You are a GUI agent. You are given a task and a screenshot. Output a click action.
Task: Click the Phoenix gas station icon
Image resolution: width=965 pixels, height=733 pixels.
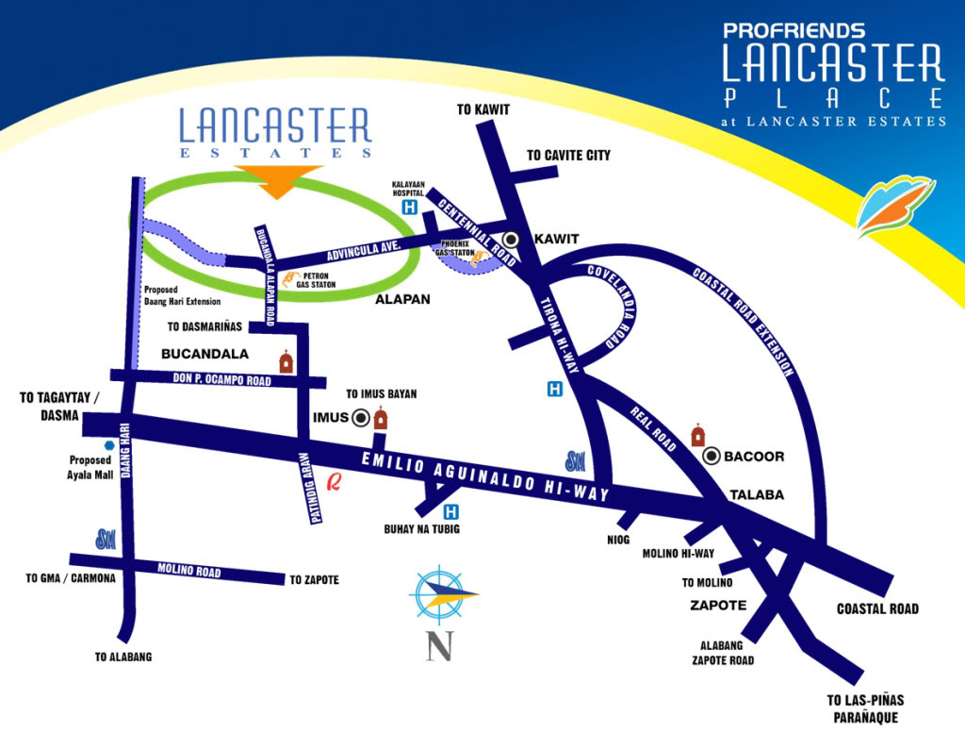coord(480,256)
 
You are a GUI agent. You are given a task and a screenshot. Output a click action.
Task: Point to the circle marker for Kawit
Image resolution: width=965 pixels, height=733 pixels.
coord(511,239)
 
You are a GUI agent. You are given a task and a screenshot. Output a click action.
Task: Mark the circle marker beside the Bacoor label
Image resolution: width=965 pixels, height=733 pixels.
coord(713,457)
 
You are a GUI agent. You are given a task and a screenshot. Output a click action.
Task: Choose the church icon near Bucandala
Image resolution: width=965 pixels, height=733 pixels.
coord(285,361)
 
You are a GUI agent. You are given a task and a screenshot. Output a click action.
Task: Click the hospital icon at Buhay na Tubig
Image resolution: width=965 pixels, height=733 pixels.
coord(451,512)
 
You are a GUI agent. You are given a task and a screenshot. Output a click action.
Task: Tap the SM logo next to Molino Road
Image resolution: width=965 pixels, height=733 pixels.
coord(106,540)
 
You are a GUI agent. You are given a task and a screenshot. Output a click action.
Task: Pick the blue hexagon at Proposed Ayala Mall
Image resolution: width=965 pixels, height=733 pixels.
coord(110,445)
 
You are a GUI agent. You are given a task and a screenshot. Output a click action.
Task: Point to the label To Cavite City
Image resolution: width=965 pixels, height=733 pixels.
coord(568,155)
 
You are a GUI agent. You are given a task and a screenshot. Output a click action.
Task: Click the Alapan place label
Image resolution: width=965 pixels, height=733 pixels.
coord(402,299)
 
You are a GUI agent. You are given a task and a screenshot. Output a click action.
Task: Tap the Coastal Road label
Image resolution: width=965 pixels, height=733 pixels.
coord(876,608)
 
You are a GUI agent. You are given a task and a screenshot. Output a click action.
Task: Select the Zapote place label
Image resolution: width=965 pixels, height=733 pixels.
coord(718,605)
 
